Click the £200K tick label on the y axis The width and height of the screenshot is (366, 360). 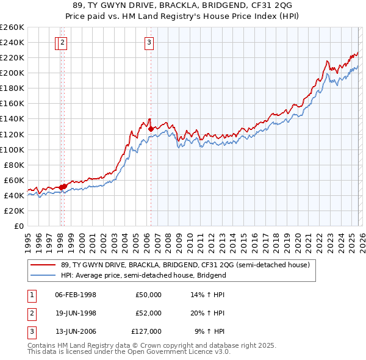[x=12, y=73]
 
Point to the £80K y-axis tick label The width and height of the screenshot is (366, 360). [x=13, y=165]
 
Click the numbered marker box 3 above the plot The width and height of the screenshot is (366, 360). [x=149, y=43]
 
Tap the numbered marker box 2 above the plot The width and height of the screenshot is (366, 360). [x=63, y=43]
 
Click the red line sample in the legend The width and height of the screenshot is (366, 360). [x=43, y=265]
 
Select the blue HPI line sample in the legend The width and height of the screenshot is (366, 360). [x=43, y=275]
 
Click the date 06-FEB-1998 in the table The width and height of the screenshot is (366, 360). [x=76, y=295]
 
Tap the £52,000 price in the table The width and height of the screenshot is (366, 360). [x=148, y=313]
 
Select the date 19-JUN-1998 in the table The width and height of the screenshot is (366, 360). [x=76, y=313]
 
